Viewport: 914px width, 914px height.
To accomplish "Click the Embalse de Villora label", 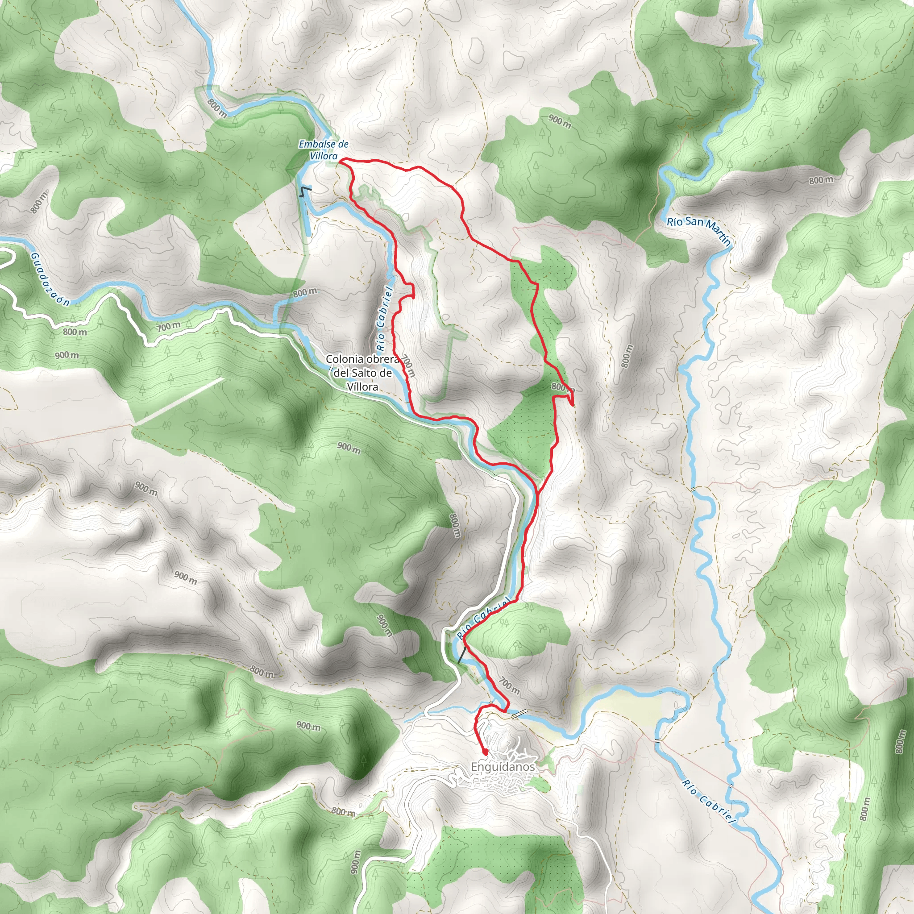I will point(324,150).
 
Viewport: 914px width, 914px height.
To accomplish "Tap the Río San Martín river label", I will point(699,232).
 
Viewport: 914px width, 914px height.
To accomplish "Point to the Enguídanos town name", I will point(503,766).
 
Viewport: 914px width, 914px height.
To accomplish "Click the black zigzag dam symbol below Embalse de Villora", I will point(306,191).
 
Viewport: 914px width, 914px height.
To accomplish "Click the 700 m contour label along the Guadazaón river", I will point(169,326).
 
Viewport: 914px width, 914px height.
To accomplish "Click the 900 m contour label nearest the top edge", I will point(560,121).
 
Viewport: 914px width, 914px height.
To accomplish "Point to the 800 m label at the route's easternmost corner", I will point(563,387).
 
